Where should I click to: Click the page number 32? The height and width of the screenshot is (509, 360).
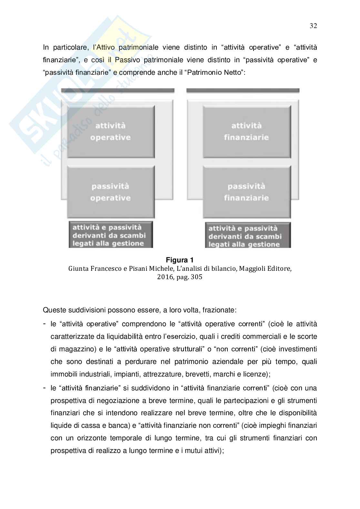click(x=313, y=26)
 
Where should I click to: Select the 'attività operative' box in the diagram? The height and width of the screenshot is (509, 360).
click(x=111, y=131)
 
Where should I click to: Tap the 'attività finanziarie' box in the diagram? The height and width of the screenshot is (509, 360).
click(x=246, y=131)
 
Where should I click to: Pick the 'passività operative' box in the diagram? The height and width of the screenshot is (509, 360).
click(x=111, y=192)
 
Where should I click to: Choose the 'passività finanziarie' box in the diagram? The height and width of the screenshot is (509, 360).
click(x=246, y=192)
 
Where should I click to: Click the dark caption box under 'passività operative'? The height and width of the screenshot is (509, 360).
click(x=111, y=235)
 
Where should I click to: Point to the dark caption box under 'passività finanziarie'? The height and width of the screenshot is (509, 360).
click(x=247, y=236)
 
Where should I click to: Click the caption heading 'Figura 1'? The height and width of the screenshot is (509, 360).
click(x=180, y=260)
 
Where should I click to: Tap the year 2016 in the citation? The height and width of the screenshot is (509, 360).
click(x=165, y=277)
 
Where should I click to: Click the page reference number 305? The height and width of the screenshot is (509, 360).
click(x=196, y=277)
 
